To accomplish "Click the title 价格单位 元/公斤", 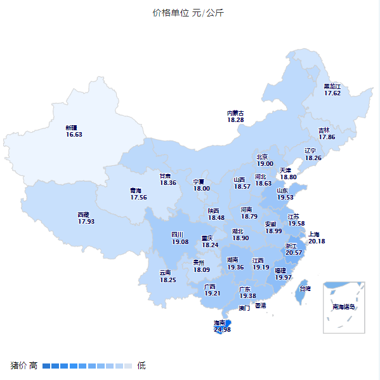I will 188,13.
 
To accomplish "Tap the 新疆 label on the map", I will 71,128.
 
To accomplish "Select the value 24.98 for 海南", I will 222,330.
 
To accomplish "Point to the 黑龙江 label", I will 332,86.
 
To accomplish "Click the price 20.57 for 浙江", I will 294,253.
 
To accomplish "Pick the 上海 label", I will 315,234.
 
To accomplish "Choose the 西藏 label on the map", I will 84,215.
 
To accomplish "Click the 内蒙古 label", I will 235,113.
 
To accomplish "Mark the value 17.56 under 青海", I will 138,198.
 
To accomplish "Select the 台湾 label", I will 305,288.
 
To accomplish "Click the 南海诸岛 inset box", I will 344,307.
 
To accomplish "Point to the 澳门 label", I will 244,308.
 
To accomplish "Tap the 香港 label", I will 261,306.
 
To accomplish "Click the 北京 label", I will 262,157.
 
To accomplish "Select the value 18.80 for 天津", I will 289,177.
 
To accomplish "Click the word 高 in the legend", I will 33,365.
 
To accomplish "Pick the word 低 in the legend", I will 141,365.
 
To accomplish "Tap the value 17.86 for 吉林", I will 327,137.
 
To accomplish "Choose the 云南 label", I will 165,273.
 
